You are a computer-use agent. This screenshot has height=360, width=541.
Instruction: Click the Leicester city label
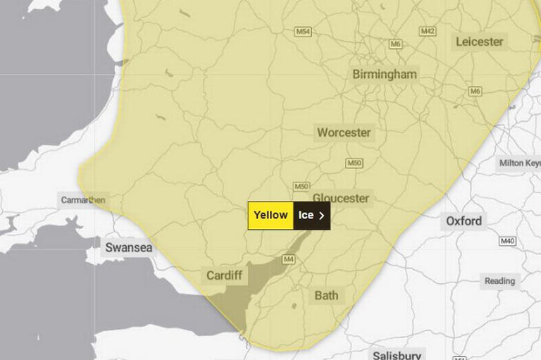(x=480, y=42)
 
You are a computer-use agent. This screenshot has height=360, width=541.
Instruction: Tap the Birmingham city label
(x=385, y=74)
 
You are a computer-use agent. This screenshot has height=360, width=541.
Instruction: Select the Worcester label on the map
(x=344, y=132)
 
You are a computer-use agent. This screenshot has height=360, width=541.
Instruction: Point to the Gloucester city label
(x=341, y=198)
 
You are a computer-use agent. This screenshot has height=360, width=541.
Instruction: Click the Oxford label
(x=464, y=221)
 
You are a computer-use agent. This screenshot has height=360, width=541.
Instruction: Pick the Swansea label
(x=128, y=247)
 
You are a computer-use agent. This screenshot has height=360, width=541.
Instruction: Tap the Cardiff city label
(x=224, y=275)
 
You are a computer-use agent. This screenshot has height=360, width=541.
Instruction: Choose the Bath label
(x=326, y=295)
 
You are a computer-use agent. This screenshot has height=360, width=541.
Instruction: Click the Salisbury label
(x=397, y=355)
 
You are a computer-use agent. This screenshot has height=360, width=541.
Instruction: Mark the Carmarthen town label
(x=83, y=200)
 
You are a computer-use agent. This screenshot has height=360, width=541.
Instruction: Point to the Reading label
(x=499, y=280)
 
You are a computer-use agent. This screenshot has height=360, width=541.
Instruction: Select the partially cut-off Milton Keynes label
(x=520, y=163)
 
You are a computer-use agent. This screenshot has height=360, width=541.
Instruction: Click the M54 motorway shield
(x=304, y=32)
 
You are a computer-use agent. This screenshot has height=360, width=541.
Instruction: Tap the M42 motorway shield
(x=428, y=32)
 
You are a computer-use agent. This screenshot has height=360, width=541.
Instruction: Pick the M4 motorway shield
(x=288, y=259)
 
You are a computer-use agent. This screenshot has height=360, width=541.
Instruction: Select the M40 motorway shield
(x=507, y=241)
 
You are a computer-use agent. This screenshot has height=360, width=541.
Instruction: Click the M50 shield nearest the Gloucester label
(x=301, y=186)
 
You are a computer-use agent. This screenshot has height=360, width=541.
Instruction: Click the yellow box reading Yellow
(x=270, y=216)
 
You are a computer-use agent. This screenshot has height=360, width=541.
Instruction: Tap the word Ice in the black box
(x=306, y=216)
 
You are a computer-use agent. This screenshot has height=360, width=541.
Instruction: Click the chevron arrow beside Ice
(x=322, y=216)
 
